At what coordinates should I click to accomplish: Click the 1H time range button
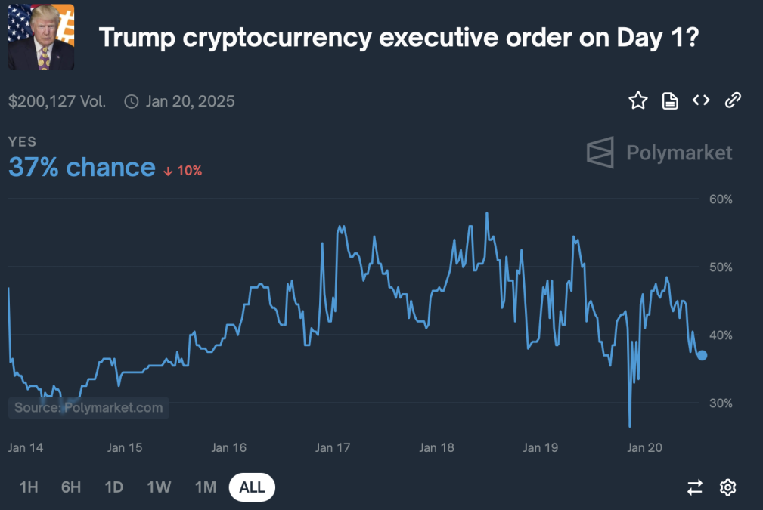pos(29,487)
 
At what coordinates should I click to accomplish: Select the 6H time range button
pos(71,487)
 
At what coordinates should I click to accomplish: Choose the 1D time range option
pos(114,487)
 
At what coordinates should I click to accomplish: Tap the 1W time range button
pos(159,487)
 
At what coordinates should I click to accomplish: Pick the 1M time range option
pos(206,487)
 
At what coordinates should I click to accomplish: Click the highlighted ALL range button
pos(252,487)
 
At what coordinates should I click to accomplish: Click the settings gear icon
pos(727,487)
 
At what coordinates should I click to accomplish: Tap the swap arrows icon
pos(695,487)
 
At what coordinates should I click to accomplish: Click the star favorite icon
pos(638,100)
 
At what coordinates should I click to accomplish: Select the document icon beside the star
pos(670,100)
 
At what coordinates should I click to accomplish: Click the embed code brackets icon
pos(701,100)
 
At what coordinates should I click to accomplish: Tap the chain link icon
pos(732,100)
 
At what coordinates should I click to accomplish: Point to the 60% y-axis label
pos(721,199)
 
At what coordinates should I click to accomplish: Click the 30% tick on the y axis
pos(721,403)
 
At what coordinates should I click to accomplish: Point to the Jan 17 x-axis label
pos(333,447)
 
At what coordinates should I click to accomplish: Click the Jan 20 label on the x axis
pos(645,447)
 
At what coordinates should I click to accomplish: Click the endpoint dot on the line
pos(702,355)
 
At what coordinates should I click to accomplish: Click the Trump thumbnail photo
pos(41,36)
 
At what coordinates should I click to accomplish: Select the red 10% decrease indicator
pos(183,171)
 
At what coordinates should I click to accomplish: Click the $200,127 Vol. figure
pos(57,101)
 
